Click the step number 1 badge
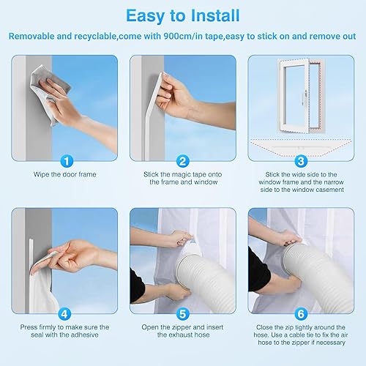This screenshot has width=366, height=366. pos(67,161)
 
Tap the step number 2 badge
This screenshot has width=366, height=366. pos(183,161)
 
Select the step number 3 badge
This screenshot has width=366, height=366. pos(301,161)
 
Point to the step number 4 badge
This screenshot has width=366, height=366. pos(64,314)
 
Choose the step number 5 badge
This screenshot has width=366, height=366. pos(183,314)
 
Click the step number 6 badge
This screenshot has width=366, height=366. pos(301,314)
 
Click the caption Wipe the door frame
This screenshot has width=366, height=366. pos(65,174)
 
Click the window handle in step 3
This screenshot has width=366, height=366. pos(305,97)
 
